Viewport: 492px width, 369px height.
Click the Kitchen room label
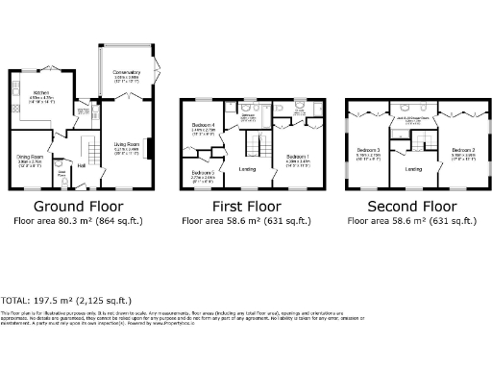click(x=40, y=93)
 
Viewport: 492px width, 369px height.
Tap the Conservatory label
click(x=127, y=74)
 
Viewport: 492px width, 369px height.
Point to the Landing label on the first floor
click(x=247, y=169)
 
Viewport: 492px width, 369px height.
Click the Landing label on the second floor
click(x=414, y=169)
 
